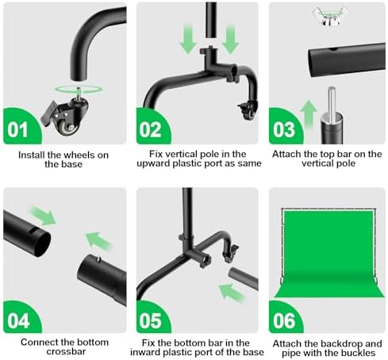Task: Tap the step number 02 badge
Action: [152, 128]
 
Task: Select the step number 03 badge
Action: [285, 128]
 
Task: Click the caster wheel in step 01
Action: [65, 117]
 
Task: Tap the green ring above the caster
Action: [79, 89]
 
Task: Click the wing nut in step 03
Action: [326, 16]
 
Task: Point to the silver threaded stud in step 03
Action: [332, 104]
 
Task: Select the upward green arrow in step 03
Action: [309, 114]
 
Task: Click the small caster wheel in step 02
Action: [248, 110]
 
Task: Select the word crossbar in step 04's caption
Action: [66, 351]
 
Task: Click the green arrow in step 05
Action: [232, 293]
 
